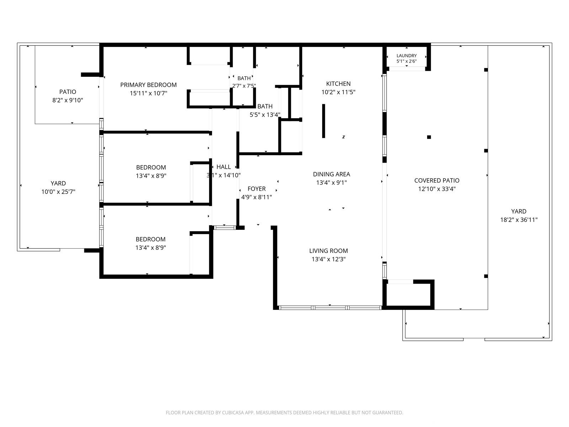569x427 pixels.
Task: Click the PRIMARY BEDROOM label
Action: [x=148, y=85]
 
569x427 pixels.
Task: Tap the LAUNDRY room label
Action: [x=406, y=56]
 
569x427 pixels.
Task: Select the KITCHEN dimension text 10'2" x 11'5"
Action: [x=338, y=92]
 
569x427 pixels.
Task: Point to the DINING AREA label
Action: [x=331, y=174]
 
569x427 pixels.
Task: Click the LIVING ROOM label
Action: [x=329, y=251]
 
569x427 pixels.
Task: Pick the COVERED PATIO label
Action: [x=437, y=180]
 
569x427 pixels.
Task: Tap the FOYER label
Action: [x=256, y=189]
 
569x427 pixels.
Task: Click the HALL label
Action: [x=223, y=167]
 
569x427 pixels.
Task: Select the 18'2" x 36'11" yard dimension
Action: [x=519, y=220]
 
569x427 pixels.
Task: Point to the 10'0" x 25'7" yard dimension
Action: [x=58, y=192]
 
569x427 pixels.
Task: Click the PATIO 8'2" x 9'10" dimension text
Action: [x=68, y=100]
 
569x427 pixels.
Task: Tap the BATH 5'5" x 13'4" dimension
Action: [x=265, y=115]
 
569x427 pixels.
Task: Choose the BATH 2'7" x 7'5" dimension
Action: [x=244, y=86]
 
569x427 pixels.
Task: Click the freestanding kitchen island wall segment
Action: [x=324, y=121]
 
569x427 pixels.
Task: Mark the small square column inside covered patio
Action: [x=429, y=137]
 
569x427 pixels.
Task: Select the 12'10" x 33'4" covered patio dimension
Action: [x=437, y=189]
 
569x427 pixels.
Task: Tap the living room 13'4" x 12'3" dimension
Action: [x=329, y=259]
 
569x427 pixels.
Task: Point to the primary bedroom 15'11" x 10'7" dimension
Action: [x=148, y=93]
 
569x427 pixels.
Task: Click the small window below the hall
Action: [x=224, y=228]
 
